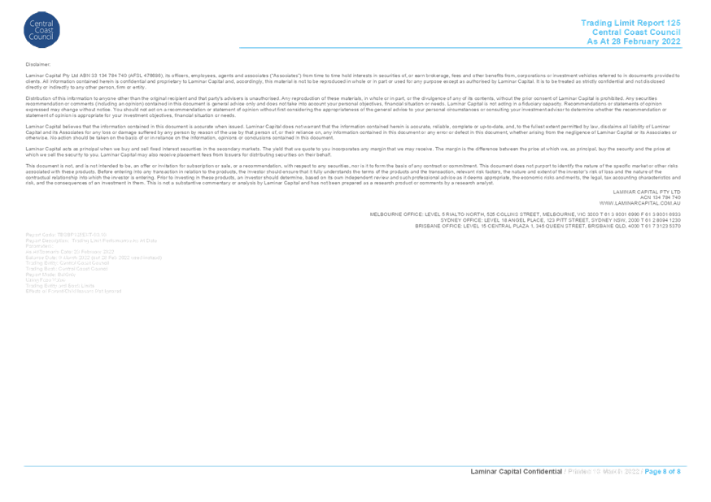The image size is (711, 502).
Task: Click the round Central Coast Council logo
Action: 41,30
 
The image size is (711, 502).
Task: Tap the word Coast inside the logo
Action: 41,31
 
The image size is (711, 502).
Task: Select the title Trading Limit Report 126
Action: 630,22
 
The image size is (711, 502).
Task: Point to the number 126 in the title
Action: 674,22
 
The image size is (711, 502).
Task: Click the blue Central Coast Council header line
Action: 635,32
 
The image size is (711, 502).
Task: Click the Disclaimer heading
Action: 37,63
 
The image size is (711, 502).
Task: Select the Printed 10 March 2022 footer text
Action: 606,472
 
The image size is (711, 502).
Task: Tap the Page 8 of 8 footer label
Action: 664,472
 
